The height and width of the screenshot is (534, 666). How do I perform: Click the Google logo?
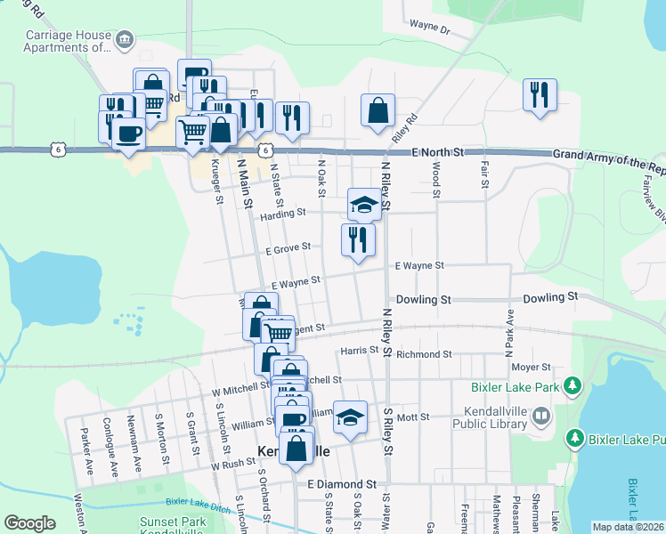[29, 523]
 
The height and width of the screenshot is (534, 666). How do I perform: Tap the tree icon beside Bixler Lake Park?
[574, 386]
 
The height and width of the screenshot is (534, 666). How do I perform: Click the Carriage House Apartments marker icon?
[126, 39]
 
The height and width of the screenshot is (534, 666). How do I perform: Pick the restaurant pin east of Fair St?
[540, 95]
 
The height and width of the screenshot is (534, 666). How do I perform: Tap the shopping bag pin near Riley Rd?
[378, 110]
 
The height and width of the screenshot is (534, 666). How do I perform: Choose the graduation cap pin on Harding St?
[363, 205]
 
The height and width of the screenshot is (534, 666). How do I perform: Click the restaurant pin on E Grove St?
[358, 240]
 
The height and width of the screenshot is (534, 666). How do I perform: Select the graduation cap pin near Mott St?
[350, 417]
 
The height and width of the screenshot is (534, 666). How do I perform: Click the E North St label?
[439, 153]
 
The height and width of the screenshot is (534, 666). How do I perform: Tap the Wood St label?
[436, 179]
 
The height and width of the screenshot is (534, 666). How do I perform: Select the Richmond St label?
[423, 354]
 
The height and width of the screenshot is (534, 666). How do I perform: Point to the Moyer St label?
[532, 367]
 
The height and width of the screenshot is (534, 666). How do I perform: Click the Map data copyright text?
[627, 527]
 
